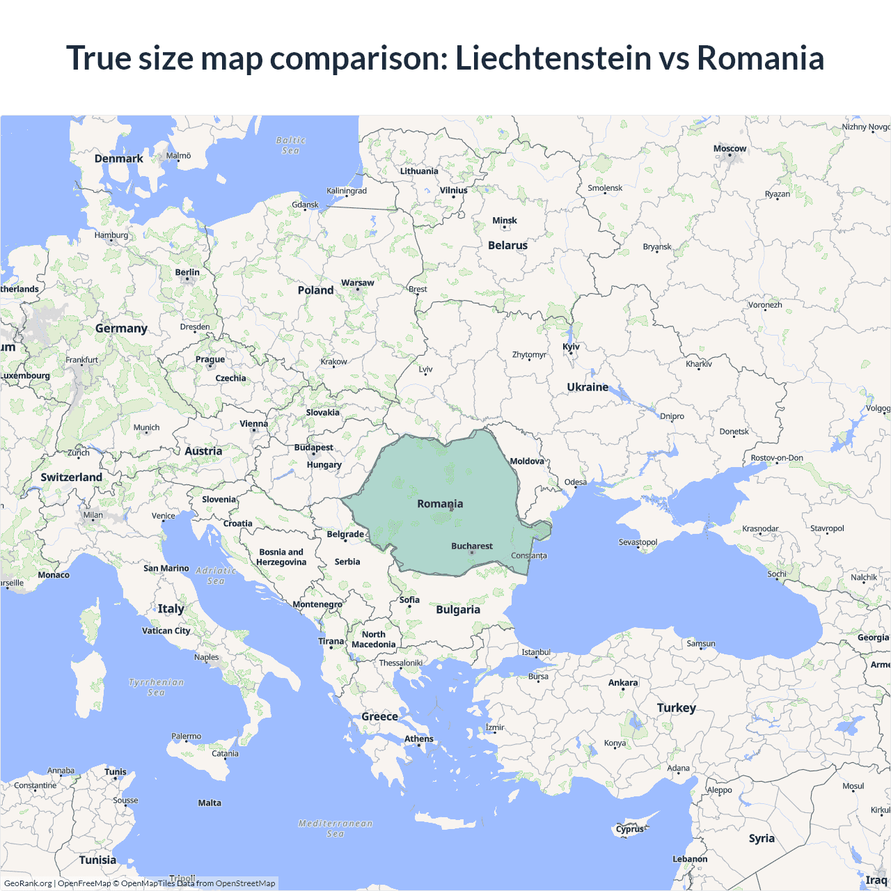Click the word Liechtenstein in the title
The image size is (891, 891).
[x=553, y=58]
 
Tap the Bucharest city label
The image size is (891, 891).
[x=472, y=546]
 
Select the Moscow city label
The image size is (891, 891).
[x=730, y=149]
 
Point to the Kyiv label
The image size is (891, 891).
[x=571, y=347]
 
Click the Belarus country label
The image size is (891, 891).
[x=507, y=246]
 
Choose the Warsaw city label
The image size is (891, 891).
[x=357, y=283]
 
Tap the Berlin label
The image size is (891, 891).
[x=187, y=273]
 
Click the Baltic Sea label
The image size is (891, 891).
[x=290, y=145]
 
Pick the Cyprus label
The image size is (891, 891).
[x=630, y=829]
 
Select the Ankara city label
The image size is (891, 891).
[x=623, y=683]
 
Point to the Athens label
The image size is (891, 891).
[x=419, y=739]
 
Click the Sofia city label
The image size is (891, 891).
[x=409, y=600]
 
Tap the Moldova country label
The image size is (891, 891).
[x=527, y=462]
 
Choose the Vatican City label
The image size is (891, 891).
[x=166, y=631]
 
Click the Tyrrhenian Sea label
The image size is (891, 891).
[x=157, y=687]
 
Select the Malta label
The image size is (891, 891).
[x=210, y=803]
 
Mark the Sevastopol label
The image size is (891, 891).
[x=638, y=542]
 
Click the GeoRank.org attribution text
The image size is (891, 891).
[x=28, y=883]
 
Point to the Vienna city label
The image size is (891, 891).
[x=253, y=424]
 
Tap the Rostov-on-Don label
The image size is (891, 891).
[x=777, y=458]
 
